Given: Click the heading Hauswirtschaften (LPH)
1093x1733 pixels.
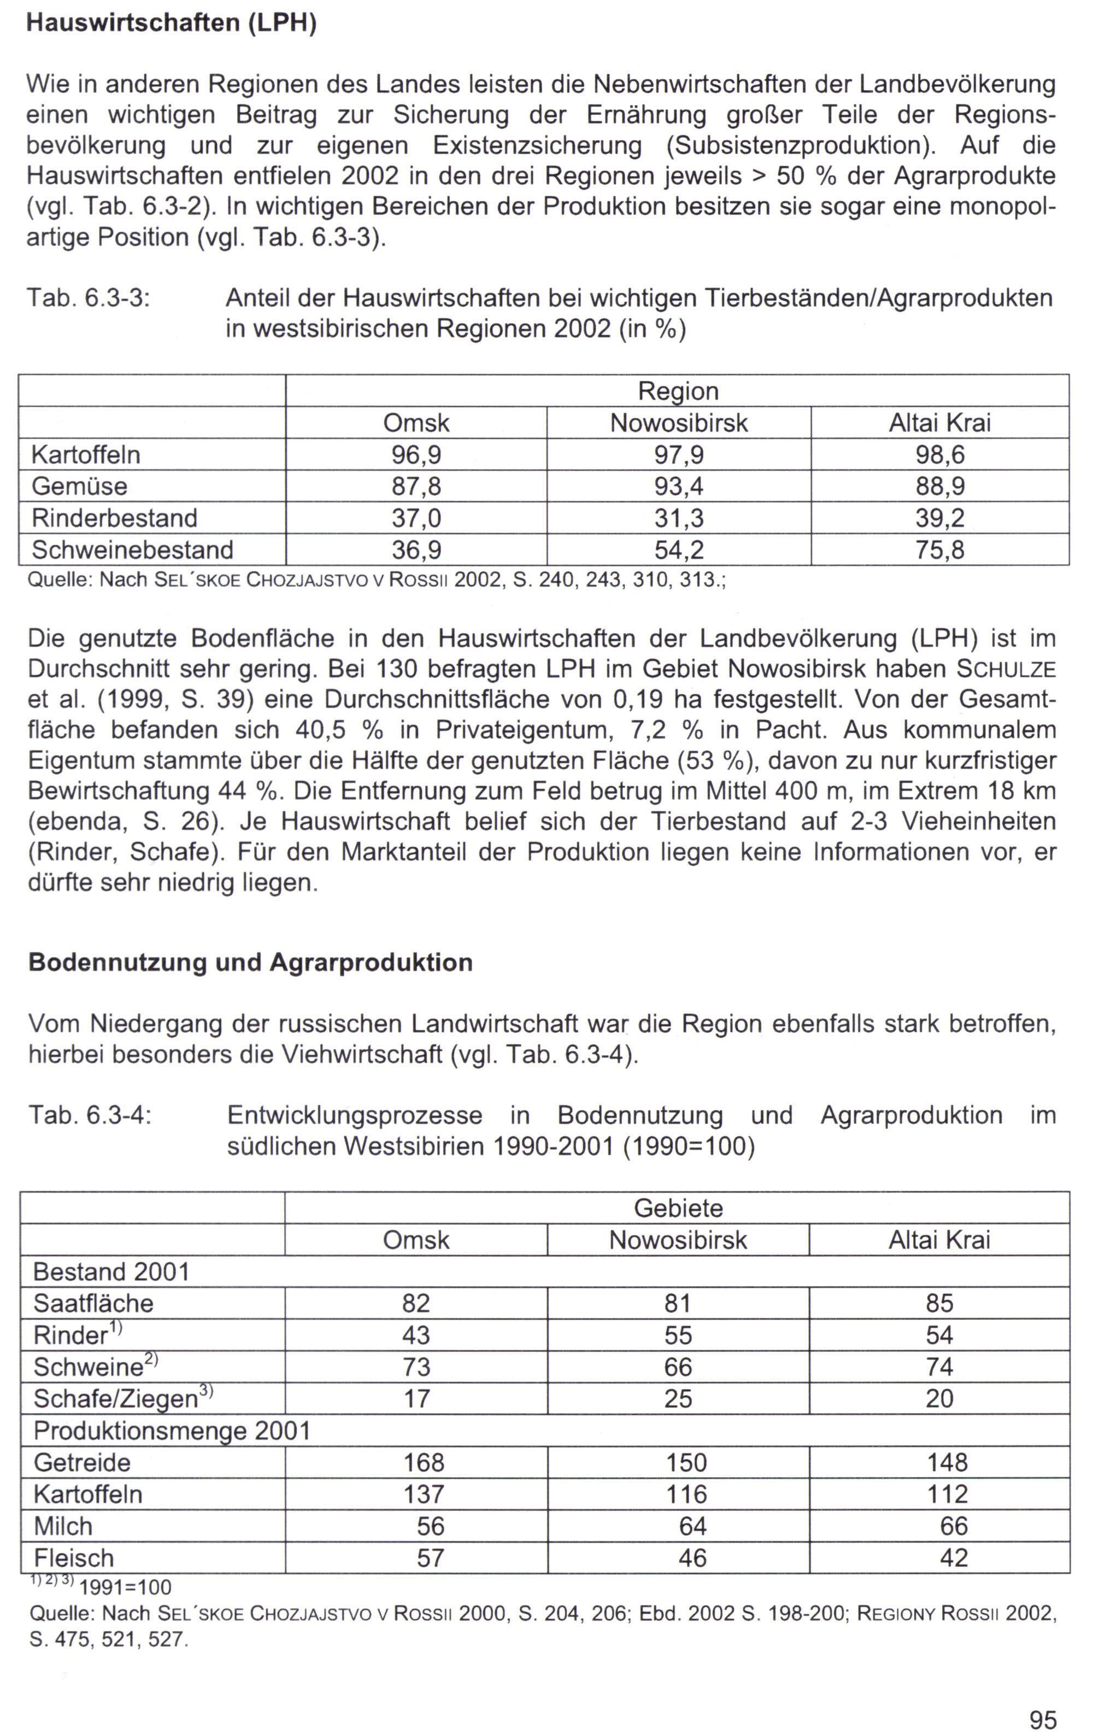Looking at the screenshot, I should click(171, 23).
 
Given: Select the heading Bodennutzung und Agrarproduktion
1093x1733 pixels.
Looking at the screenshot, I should click(250, 962).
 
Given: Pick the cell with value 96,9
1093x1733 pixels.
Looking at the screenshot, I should click(416, 455).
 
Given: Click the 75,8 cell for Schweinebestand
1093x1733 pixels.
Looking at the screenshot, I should click(940, 550).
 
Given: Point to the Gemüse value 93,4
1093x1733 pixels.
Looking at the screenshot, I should click(679, 487).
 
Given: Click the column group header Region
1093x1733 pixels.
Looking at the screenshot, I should click(678, 391).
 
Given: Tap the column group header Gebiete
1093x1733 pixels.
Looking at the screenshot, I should click(678, 1208).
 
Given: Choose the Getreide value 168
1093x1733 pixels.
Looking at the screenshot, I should click(424, 1462).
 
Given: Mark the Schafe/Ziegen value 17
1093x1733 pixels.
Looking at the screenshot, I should click(416, 1398).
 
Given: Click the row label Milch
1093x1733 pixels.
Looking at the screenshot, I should click(63, 1526).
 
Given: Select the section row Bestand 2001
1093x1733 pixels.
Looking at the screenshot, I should click(111, 1272).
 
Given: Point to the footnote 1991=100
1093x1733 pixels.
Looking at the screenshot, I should click(125, 1587).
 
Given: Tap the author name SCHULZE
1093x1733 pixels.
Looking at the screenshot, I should click(1006, 669).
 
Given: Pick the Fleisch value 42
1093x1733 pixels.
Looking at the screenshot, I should click(954, 1558).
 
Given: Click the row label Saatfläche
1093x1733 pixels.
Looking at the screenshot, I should click(93, 1303).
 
